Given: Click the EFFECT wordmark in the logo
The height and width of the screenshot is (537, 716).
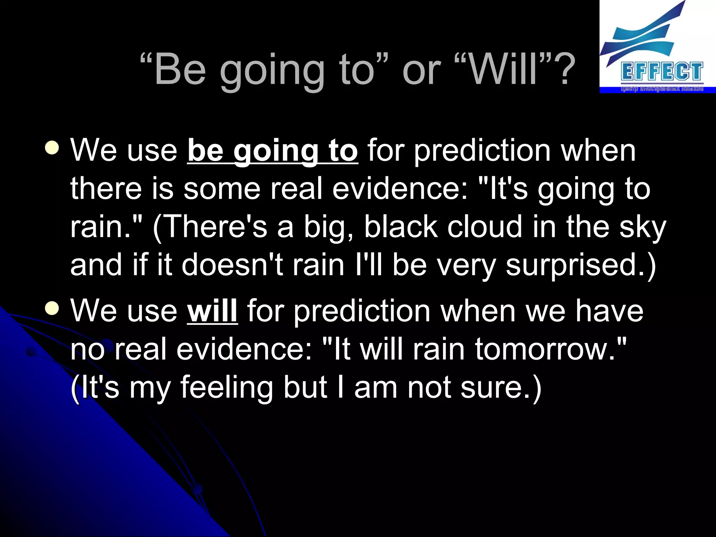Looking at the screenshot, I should click(662, 72).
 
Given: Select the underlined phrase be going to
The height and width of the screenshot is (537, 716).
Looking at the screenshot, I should click(272, 151).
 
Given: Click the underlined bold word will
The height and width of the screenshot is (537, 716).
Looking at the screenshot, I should click(212, 311).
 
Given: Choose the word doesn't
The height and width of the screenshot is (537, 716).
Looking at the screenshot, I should click(232, 265).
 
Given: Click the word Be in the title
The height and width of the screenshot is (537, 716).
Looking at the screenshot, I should click(180, 70).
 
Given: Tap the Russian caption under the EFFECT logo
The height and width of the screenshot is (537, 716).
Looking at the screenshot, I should click(662, 89).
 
